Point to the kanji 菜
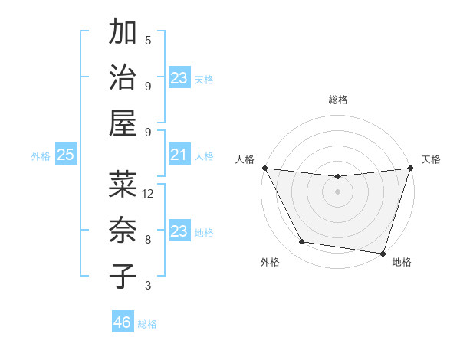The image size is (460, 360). click(x=123, y=185)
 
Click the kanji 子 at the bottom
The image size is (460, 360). click(x=123, y=276)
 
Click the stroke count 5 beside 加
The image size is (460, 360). click(x=148, y=40)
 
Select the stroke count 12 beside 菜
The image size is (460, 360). click(x=148, y=193)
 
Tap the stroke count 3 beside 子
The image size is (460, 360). click(x=148, y=286)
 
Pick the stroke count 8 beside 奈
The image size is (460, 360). click(x=148, y=239)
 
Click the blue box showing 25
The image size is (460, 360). click(x=65, y=155)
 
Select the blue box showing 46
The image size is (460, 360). click(x=123, y=322)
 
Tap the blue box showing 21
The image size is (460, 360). click(x=179, y=155)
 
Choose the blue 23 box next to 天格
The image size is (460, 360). click(x=179, y=78)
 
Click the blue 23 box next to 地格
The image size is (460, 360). click(x=179, y=231)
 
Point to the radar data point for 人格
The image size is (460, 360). click(x=264, y=168)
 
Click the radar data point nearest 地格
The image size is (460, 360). click(x=383, y=254)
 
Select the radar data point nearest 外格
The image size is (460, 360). click(x=302, y=242)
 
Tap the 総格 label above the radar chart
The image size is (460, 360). click(x=337, y=100)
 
